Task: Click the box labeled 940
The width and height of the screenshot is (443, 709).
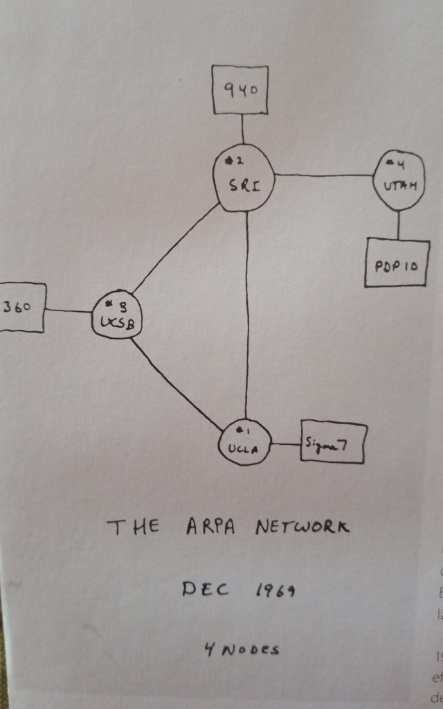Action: pyautogui.click(x=241, y=89)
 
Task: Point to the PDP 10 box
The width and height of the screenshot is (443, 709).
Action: pyautogui.click(x=397, y=263)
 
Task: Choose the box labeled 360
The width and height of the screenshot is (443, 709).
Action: pyautogui.click(x=21, y=307)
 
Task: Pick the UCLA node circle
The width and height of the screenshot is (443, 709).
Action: pyautogui.click(x=244, y=444)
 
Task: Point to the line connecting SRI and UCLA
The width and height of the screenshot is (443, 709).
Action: pyautogui.click(x=247, y=312)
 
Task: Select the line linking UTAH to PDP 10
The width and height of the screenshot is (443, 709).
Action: pyautogui.click(x=398, y=225)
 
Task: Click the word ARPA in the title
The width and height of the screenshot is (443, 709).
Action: pyautogui.click(x=212, y=527)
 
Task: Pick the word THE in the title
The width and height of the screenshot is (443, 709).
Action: pyautogui.click(x=133, y=528)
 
